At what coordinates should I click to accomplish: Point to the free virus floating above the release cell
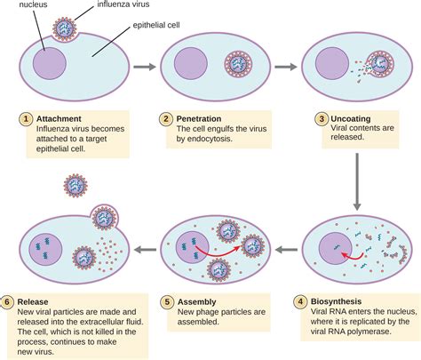pos(75,186)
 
